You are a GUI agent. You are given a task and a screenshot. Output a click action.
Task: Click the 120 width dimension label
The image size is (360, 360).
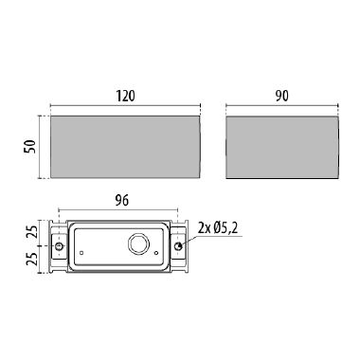point(125,96)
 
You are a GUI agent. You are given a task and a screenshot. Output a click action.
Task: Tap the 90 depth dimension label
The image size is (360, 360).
point(281,96)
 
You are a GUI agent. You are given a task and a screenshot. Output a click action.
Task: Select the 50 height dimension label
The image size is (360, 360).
point(30,147)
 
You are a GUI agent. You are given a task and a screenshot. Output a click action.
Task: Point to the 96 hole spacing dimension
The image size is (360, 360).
point(121,201)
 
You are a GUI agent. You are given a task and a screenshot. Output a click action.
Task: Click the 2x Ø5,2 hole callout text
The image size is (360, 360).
point(218,228)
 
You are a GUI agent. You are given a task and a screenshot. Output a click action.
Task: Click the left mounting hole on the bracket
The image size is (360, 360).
point(59,246)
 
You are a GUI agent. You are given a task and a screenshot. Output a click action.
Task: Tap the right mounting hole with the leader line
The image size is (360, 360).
point(178,246)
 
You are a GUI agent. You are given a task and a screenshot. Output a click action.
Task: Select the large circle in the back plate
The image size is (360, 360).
point(138,244)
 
